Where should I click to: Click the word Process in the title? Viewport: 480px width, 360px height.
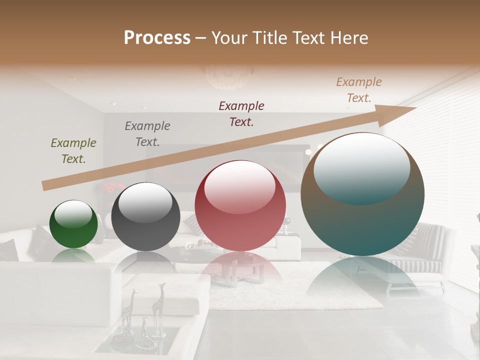(x=157, y=38)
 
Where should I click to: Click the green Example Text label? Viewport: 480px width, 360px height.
(x=73, y=151)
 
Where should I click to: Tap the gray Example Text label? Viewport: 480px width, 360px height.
(x=147, y=134)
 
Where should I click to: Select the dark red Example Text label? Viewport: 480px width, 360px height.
(x=241, y=113)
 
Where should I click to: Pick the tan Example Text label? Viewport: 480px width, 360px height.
(x=359, y=90)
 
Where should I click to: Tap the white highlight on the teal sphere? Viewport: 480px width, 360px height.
(x=361, y=167)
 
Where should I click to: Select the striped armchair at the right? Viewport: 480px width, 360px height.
(x=425, y=250)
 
